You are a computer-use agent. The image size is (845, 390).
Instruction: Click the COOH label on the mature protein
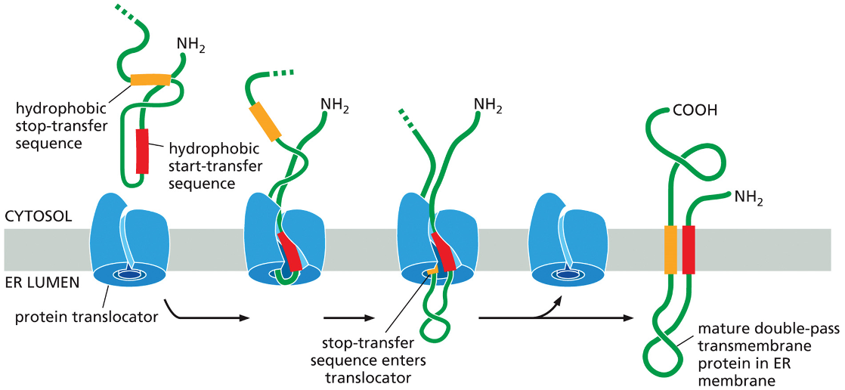point(695,110)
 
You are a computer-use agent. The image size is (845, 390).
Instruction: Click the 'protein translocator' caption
point(86,317)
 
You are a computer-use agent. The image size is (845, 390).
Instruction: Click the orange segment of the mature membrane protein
point(670,249)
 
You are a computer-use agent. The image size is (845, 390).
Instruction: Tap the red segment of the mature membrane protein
point(689,249)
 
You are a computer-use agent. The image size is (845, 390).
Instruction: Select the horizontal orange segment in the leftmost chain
point(150,79)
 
